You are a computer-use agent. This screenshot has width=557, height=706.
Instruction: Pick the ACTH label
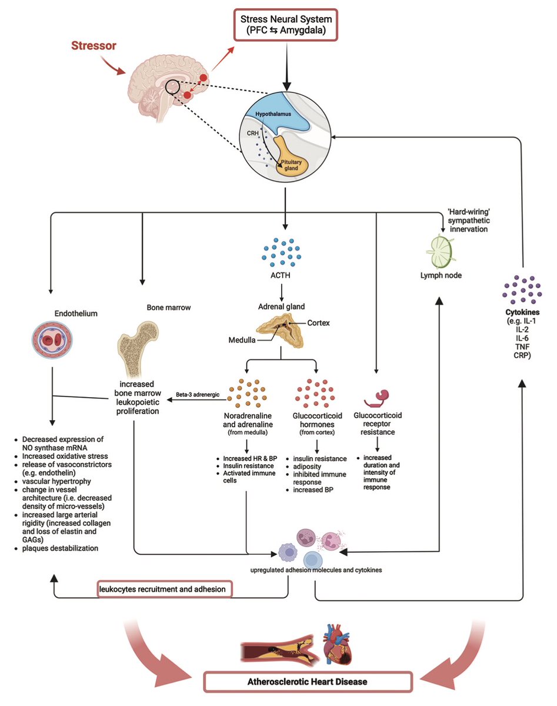(286, 276)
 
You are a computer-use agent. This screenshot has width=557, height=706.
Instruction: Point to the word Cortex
(318, 322)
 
